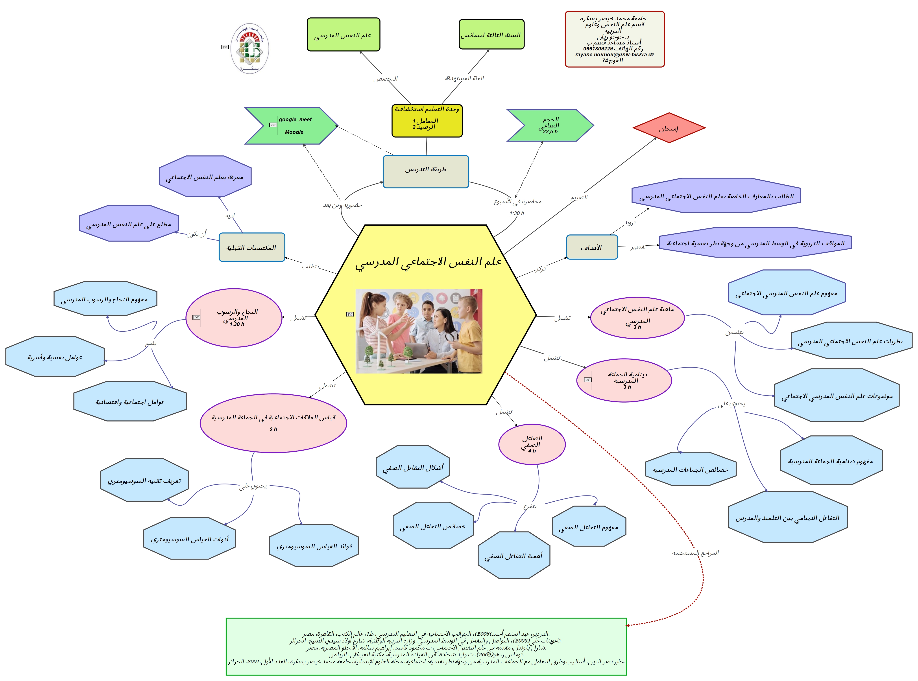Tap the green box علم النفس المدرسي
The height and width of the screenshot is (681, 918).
(343, 35)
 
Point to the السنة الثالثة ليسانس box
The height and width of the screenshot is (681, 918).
(491, 35)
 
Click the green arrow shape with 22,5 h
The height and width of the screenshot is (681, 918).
(550, 125)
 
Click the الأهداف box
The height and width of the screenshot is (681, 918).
(592, 247)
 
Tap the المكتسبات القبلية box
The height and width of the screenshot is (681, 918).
(251, 247)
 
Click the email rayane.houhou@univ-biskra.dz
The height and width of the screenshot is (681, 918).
(614, 54)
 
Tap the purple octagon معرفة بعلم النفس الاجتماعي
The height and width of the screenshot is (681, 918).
(205, 177)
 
